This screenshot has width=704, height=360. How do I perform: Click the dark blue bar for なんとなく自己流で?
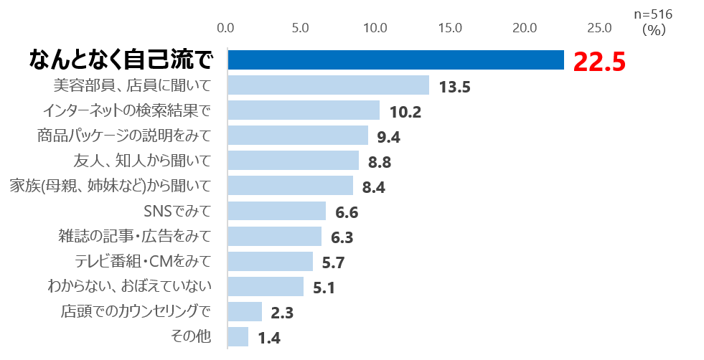tap(395, 60)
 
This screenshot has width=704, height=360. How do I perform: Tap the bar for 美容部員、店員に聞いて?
tap(328, 85)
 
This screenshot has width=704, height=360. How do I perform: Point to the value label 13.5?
tap(454, 87)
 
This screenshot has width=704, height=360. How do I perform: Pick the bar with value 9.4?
tap(298, 136)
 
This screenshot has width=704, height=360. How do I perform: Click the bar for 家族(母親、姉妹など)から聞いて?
tap(290, 185)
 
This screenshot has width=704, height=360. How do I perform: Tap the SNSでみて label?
tap(177, 211)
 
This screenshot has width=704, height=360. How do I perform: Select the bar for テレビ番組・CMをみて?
tap(270, 261)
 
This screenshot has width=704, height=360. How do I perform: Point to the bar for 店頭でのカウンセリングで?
tap(245, 311)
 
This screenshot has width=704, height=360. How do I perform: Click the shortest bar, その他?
tap(238, 336)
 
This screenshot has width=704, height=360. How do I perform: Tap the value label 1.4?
tap(268, 338)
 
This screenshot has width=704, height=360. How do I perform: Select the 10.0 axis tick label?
tap(375, 28)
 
